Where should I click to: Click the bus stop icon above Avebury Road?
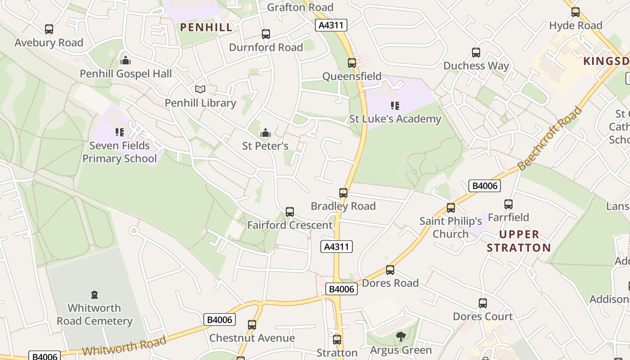(x=49, y=29)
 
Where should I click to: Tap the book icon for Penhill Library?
(x=200, y=90)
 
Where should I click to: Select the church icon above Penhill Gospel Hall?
(x=126, y=60)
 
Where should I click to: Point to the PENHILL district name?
(x=207, y=27)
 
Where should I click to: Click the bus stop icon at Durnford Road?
(x=266, y=34)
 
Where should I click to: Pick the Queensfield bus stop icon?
(x=352, y=63)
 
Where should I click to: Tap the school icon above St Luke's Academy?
(x=395, y=106)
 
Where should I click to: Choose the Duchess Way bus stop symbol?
(x=476, y=53)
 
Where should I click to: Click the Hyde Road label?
(x=576, y=26)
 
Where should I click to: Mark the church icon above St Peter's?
(x=265, y=133)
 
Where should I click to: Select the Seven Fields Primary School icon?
(x=120, y=132)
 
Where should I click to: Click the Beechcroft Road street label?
(x=550, y=139)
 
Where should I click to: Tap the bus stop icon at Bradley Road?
(x=343, y=193)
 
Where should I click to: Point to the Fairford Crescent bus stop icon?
(x=290, y=212)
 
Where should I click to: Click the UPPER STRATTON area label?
(x=519, y=241)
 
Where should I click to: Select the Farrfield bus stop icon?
(x=508, y=204)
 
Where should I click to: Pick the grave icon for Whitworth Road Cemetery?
(x=94, y=295)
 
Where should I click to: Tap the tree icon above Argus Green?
(x=401, y=337)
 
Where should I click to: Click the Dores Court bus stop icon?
(x=483, y=303)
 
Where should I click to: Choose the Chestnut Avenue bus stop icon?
(x=252, y=325)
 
